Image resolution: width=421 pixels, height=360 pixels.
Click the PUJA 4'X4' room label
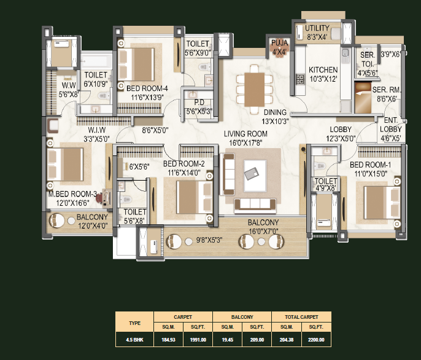279,47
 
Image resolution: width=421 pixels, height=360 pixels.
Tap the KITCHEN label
323,70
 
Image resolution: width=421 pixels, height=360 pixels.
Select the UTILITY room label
317,28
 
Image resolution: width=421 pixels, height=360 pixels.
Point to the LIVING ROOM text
245,134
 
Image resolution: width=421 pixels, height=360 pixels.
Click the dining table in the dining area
254,90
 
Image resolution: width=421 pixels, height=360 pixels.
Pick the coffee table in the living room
255,176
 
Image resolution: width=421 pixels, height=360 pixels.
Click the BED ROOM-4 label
147,88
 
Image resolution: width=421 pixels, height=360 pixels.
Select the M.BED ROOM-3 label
72,194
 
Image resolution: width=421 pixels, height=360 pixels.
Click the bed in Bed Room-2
195,197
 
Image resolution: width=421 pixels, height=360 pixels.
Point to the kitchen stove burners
300,79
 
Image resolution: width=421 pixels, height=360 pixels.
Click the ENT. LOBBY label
391,125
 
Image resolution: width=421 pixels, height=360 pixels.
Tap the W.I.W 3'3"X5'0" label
97,135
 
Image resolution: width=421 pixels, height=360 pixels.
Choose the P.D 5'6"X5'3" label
199,107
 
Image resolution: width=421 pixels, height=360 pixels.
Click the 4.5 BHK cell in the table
134,340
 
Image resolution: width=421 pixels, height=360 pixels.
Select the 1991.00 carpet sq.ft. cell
198,340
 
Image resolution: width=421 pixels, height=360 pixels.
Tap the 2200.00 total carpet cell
316,340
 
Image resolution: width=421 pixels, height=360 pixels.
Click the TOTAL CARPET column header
301,317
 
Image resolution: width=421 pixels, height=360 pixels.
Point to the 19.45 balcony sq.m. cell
228,340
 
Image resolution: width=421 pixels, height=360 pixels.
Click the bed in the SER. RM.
363,98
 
